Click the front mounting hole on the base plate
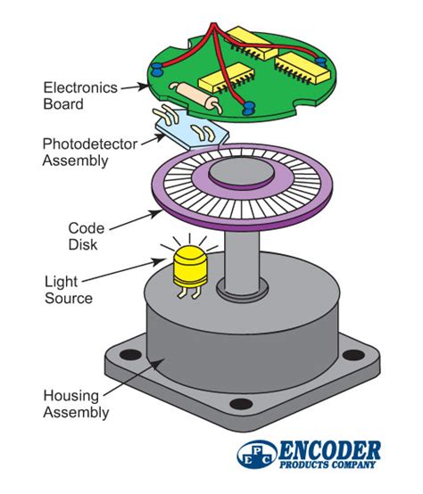238,406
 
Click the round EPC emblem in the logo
255,454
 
